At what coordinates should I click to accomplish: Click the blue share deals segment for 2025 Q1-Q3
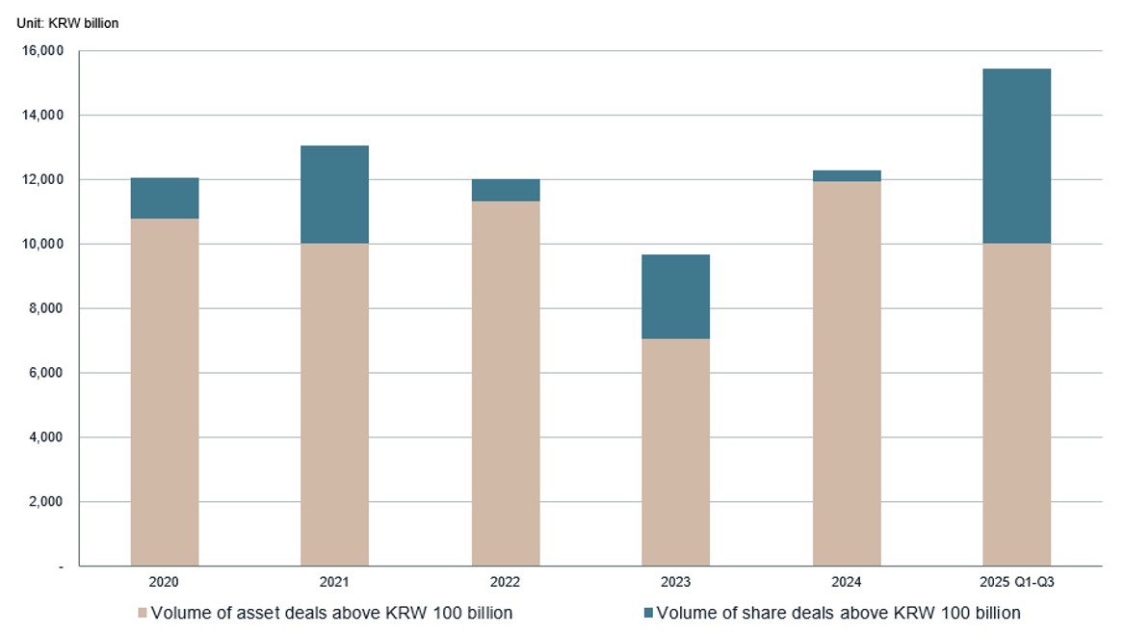click(1016, 156)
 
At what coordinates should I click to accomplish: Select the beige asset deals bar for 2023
click(675, 452)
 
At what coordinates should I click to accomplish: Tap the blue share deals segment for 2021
click(334, 195)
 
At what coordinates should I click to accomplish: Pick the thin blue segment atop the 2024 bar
click(846, 176)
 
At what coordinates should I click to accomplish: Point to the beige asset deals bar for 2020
click(164, 392)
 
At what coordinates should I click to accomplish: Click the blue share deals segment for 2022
click(505, 190)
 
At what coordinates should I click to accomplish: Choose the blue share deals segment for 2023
click(675, 297)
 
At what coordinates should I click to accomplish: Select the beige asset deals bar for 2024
click(846, 374)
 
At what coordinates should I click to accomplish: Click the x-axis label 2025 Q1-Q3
click(1016, 583)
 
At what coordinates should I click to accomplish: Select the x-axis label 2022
click(505, 583)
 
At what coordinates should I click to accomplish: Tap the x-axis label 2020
click(164, 583)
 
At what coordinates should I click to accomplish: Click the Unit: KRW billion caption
click(67, 23)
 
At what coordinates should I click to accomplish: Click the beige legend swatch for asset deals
click(143, 613)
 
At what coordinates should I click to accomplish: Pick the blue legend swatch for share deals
click(647, 613)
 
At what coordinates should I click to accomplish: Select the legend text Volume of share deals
click(838, 613)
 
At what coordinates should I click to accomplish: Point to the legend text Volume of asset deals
click(332, 613)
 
